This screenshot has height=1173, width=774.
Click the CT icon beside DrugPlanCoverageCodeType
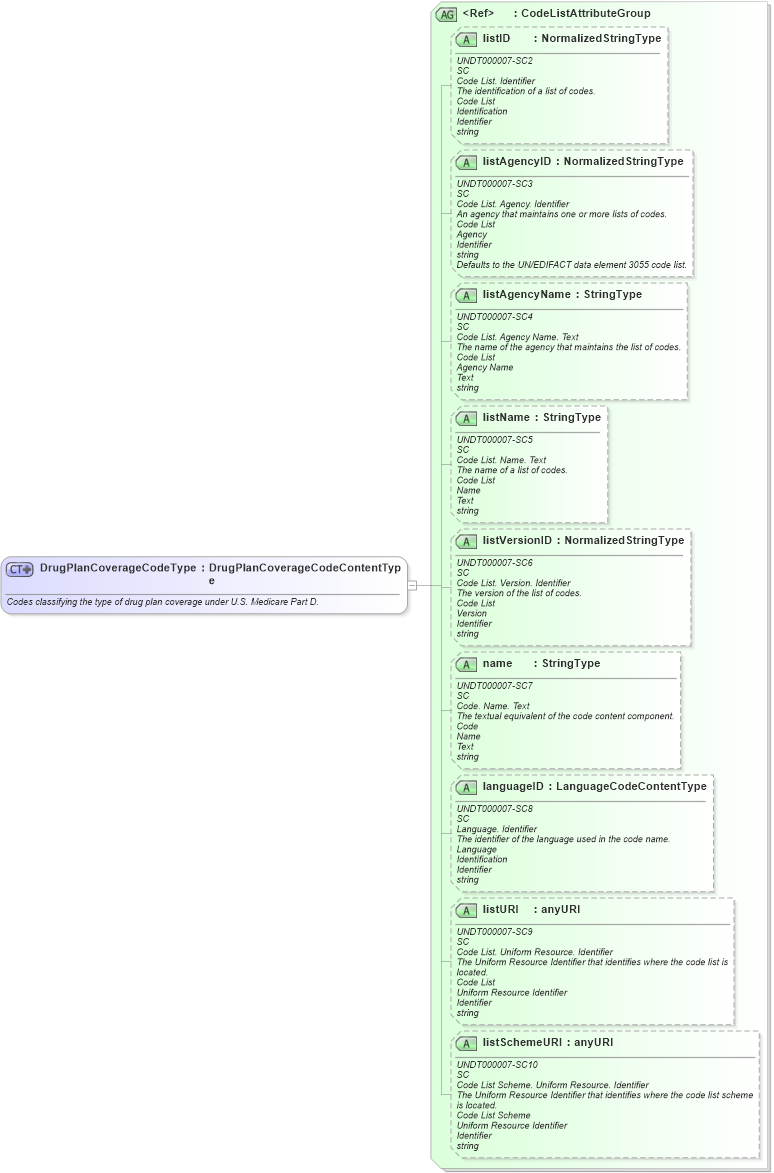20,569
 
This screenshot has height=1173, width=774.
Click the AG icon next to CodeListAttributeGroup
447,14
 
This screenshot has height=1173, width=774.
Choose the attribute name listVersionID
519,541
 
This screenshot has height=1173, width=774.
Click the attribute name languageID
513,787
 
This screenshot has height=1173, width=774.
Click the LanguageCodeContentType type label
631,787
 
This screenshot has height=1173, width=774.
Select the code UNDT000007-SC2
494,61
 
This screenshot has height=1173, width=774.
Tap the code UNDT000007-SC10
497,1065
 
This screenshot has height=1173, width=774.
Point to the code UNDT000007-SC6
494,563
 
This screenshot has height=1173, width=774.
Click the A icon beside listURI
466,910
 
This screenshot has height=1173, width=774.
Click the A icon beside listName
466,418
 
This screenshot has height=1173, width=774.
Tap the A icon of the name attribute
466,664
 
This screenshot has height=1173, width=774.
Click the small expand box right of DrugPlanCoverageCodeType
412,585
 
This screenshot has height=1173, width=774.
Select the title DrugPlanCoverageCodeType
117,568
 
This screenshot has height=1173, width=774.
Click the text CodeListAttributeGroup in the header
586,14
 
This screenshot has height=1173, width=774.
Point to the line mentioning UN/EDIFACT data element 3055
571,265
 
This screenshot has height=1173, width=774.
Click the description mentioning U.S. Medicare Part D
162,602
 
